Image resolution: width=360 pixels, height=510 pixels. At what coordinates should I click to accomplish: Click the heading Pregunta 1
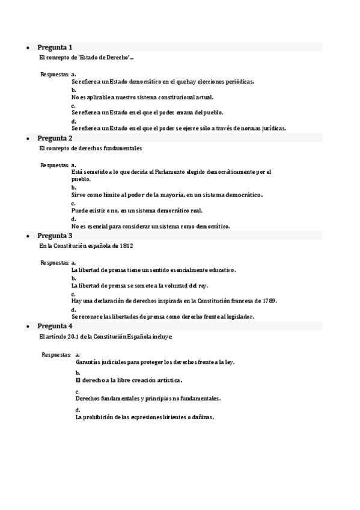[55, 47]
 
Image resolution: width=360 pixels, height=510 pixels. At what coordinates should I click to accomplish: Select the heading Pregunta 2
[55, 138]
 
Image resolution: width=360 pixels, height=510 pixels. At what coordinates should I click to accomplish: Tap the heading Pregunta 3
[55, 236]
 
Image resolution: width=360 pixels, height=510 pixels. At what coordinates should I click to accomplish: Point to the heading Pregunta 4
[55, 326]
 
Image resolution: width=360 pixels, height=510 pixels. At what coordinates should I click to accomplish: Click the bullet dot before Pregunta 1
[28, 48]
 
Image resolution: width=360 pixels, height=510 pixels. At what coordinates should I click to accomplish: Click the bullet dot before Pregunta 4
[28, 327]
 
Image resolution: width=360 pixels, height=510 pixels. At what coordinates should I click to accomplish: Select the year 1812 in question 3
[126, 246]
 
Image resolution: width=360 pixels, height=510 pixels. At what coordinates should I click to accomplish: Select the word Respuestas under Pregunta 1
[54, 75]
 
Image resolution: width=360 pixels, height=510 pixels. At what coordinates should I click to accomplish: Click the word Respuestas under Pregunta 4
[56, 355]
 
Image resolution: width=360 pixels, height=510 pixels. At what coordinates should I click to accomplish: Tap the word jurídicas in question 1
[268, 127]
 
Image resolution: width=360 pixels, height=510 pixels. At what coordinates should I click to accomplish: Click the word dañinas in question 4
[200, 417]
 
